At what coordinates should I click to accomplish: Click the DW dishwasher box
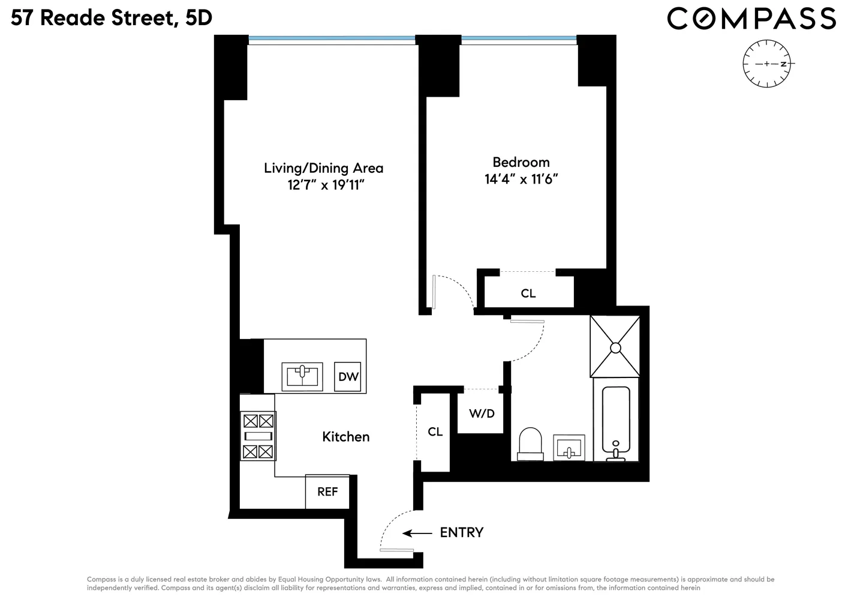[x=347, y=377]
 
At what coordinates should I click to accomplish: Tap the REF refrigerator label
[x=327, y=491]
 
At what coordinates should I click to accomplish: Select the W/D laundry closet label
[x=482, y=413]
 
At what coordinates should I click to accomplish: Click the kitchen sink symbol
[x=302, y=377]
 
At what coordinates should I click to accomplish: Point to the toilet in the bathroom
[x=530, y=444]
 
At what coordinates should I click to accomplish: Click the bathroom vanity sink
[x=569, y=448]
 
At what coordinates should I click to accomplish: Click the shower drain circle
[x=615, y=348]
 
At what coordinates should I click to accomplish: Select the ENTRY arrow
[x=417, y=533]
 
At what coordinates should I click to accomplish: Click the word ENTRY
[x=461, y=533]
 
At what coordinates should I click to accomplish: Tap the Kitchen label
[x=345, y=437]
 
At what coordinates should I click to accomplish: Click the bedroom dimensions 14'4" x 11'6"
[x=521, y=179]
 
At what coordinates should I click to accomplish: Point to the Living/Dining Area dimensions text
[x=326, y=185]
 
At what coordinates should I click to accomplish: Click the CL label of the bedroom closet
[x=528, y=293]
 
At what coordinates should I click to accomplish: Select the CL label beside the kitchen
[x=435, y=432]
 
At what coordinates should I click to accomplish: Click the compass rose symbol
[x=767, y=64]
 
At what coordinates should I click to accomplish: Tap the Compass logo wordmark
[x=751, y=19]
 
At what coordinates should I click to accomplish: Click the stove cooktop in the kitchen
[x=258, y=436]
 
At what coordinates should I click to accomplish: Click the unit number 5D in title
[x=199, y=18]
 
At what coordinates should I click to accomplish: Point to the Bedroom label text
[x=521, y=162]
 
